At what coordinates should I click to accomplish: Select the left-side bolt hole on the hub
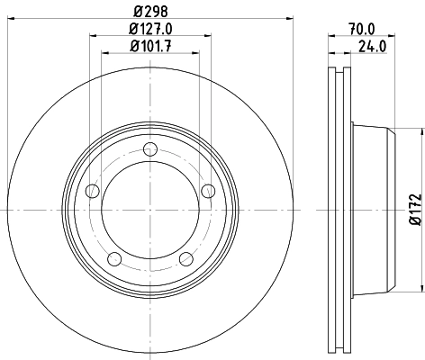91,191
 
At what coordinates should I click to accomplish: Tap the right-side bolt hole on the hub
208,191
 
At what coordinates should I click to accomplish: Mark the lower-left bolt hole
113,259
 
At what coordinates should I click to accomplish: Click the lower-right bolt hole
185,259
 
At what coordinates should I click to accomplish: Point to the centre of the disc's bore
149,210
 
